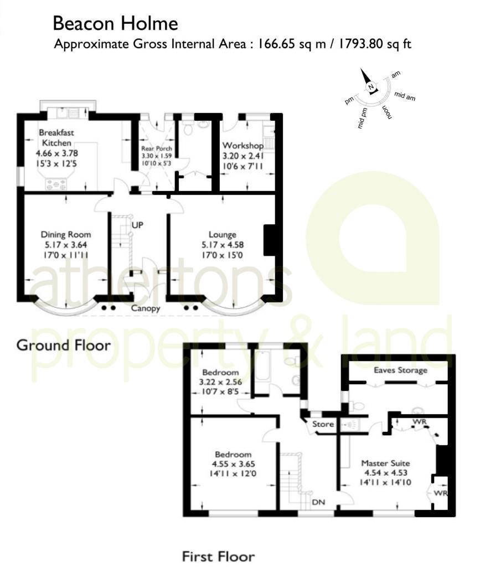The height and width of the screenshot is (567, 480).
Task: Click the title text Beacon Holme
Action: [115, 24]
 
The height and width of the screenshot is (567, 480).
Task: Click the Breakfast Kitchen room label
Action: [56, 138]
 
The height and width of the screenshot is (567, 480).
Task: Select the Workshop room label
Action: [242, 146]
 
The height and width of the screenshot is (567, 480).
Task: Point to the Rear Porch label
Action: [157, 149]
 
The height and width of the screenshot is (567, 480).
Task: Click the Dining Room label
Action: [66, 234]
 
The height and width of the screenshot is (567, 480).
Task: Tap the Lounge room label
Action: [223, 234]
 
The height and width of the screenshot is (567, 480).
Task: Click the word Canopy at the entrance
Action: [146, 308]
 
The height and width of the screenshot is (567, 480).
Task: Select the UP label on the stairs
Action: [138, 225]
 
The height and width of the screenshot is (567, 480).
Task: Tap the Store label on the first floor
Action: [323, 425]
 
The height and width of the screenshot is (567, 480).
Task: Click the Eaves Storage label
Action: [400, 370]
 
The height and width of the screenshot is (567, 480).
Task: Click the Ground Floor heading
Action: [63, 346]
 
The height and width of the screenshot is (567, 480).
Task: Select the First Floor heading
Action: [219, 556]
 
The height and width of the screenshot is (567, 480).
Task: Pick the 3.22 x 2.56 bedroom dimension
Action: [220, 382]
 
